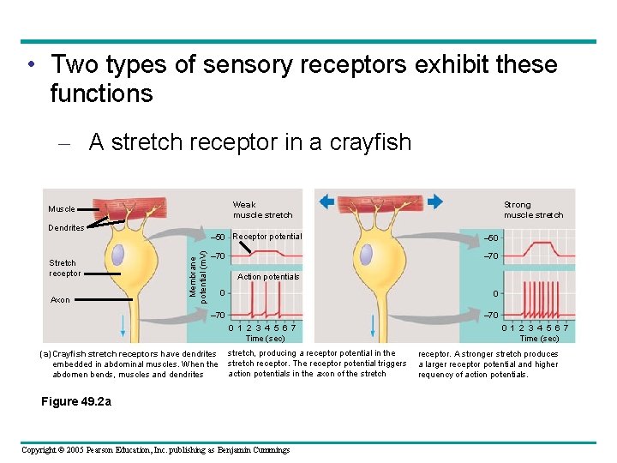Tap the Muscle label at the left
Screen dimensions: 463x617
coord(62,209)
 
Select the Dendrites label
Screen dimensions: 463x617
coord(66,228)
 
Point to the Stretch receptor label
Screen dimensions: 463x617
coord(64,268)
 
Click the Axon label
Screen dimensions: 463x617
coord(60,300)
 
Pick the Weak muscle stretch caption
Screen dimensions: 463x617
coord(262,210)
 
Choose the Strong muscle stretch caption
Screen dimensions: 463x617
coord(533,210)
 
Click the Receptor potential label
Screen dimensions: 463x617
coord(267,237)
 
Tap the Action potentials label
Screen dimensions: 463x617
coord(268,277)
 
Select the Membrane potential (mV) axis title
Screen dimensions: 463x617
coord(196,270)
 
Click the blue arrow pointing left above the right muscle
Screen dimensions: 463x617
coord(326,201)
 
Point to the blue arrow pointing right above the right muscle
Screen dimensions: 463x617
coord(434,201)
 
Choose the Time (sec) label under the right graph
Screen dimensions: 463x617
coord(539,339)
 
